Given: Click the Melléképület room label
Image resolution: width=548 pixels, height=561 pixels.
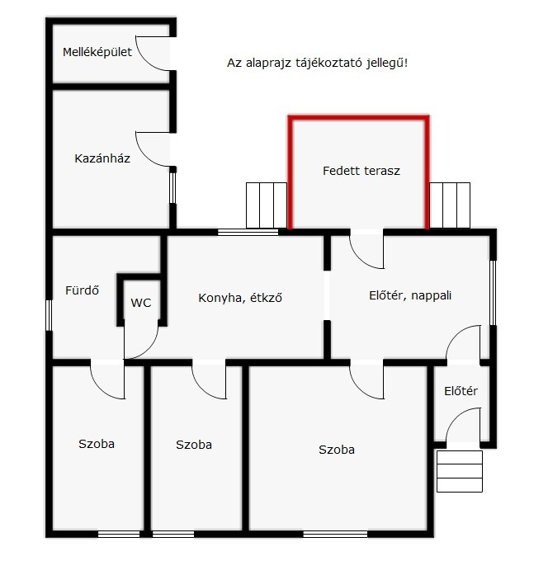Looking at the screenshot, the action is click(97, 52).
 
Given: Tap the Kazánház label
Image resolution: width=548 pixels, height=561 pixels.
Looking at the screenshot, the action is click(102, 158).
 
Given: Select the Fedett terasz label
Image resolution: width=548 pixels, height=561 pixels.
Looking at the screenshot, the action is click(361, 171).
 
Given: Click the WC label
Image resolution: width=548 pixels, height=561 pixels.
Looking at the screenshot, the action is click(140, 303).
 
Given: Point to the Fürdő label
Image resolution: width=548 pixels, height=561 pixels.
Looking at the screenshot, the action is click(82, 290).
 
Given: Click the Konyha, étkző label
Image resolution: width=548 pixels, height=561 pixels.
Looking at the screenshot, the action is click(240, 298).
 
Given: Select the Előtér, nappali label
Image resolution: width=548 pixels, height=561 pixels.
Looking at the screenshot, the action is click(410, 295).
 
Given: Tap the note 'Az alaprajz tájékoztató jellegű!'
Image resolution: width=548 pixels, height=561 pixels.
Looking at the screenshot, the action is click(318, 63).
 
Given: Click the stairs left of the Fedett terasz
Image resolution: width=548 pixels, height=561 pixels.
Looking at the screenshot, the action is click(267, 205).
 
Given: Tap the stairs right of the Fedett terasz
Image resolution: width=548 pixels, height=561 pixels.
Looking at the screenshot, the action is click(450, 205).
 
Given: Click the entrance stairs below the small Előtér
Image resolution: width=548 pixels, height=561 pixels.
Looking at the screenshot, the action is click(460, 471).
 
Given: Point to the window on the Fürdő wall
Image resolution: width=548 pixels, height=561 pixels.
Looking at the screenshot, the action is click(49, 315).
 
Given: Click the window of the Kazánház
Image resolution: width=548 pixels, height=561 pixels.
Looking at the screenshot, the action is click(172, 188).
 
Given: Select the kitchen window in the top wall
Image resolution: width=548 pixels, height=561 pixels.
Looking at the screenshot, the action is click(248, 232).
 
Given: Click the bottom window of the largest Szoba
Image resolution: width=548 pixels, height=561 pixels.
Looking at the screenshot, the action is click(335, 534).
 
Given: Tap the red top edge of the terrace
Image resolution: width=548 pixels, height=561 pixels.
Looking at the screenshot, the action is click(359, 118).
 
